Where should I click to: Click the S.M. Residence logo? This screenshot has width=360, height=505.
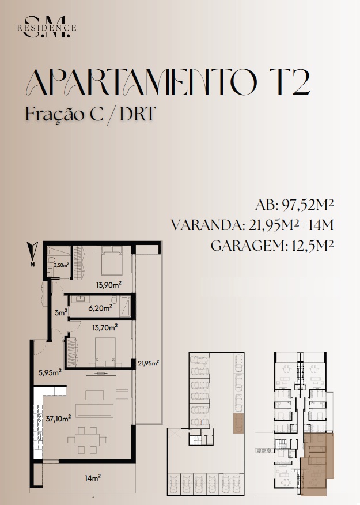point(47,27)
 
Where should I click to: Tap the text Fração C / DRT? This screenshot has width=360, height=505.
point(90,114)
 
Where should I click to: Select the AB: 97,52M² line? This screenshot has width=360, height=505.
point(294,205)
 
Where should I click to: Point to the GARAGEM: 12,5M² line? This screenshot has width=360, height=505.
point(272,246)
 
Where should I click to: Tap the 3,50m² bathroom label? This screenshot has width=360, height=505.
point(61,265)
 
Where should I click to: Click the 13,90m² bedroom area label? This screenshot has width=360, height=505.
point(109,285)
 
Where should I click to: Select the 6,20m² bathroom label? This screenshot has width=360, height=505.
point(100,308)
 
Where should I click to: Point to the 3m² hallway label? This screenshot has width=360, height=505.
point(61,312)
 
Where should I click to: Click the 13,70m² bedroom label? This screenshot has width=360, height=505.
point(105,328)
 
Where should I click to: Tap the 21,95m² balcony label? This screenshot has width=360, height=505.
point(149,364)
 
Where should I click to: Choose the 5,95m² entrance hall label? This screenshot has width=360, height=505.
point(50,373)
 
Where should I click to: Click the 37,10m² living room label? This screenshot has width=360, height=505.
point(58,419)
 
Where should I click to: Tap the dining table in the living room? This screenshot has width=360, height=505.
point(87,440)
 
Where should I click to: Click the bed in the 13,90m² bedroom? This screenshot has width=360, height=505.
point(112,260)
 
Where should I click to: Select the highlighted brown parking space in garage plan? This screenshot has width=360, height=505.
point(238,424)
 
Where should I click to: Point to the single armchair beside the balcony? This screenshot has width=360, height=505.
point(122,395)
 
